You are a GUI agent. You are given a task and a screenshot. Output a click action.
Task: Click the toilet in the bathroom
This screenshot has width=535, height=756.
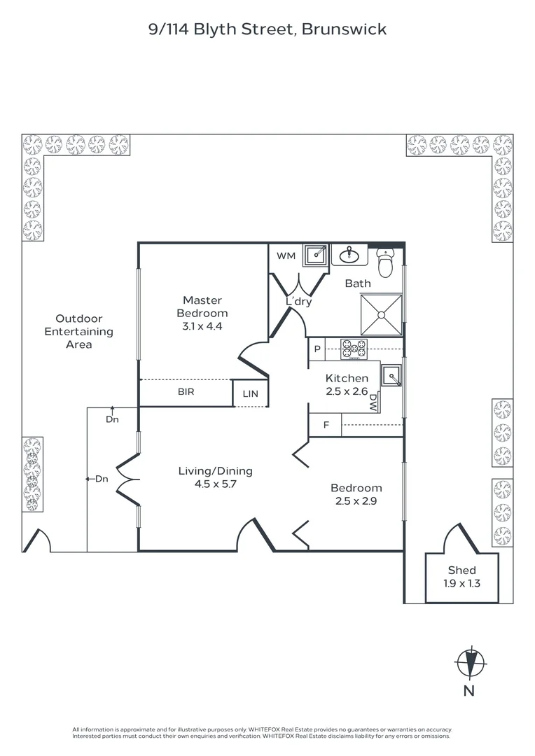click(x=385, y=262)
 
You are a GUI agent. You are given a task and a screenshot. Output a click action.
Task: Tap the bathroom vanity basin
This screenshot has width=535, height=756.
click(x=349, y=255)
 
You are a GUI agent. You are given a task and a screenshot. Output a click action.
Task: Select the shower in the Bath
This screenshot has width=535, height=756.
click(x=381, y=315)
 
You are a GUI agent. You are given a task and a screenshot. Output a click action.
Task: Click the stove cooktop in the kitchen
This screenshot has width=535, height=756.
click(x=354, y=349)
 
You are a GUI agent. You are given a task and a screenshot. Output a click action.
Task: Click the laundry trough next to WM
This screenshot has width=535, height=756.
click(x=316, y=255)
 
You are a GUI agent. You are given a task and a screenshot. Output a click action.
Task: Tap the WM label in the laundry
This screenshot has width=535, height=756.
click(x=286, y=256)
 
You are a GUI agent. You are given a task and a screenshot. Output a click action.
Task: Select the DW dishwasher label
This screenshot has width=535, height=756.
click(x=374, y=402)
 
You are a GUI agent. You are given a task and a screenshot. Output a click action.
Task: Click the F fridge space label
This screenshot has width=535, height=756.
click(x=326, y=425)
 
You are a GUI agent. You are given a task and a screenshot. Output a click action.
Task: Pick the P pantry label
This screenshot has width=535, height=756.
click(x=317, y=349)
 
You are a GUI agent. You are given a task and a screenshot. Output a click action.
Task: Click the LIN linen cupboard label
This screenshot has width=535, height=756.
click(x=251, y=394)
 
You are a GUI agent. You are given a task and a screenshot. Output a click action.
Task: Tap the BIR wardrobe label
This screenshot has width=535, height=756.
click(x=186, y=391)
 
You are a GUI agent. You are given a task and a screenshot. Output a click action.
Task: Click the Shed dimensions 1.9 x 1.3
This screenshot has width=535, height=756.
click(x=461, y=583)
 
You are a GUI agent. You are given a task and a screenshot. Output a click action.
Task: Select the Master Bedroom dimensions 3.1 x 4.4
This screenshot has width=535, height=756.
click(x=202, y=326)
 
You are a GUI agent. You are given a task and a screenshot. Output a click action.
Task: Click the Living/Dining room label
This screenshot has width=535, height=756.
click(x=216, y=471)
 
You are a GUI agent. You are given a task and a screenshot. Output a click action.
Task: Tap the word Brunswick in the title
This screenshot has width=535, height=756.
click(x=344, y=29)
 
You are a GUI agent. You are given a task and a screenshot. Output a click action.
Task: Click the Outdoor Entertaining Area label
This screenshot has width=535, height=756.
click(x=78, y=332)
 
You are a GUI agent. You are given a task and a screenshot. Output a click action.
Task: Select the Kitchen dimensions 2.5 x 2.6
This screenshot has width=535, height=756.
click(x=347, y=391)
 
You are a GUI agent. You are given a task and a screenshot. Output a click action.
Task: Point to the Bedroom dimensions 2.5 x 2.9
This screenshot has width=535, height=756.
click(x=356, y=501)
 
